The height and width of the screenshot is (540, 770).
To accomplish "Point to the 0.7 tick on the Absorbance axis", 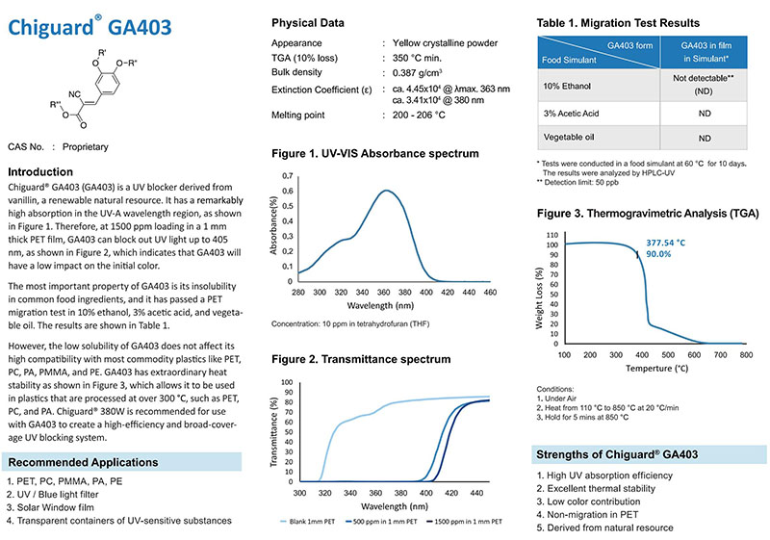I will [x=289, y=177].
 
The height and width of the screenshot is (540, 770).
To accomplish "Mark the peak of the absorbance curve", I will [x=386, y=190].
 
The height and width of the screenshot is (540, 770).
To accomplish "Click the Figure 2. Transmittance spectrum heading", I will [x=361, y=359].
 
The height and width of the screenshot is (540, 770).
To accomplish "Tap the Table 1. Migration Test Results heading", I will [x=617, y=22].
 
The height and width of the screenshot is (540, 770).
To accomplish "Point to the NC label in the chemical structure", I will [x=74, y=93].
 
